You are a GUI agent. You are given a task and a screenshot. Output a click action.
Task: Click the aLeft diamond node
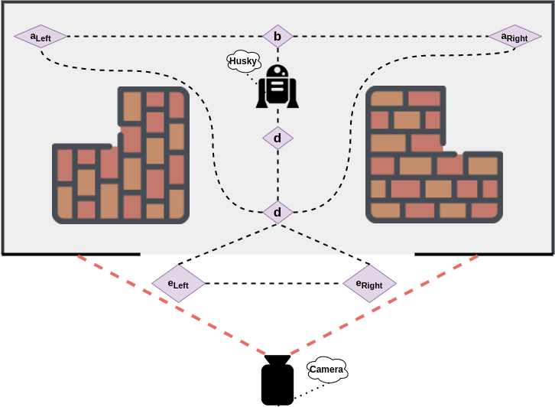pos(41,36)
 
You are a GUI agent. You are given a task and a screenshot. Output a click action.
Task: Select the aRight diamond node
pos(514,37)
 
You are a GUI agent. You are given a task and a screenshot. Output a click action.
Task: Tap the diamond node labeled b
pos(277,36)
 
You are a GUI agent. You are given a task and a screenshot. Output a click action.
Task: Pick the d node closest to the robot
pos(277,138)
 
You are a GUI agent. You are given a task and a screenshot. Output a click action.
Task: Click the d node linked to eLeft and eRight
pos(277,212)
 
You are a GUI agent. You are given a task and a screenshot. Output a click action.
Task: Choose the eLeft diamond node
pos(179,284)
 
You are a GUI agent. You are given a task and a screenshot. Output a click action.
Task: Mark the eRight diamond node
pos(370,284)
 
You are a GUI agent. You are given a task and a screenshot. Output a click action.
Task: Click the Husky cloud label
pos(243,61)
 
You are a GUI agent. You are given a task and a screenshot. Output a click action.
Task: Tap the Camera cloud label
pos(327,370)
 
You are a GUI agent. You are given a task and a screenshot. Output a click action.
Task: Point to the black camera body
pos(277,383)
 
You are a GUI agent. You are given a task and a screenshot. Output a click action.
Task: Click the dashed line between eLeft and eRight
pos(274,284)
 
